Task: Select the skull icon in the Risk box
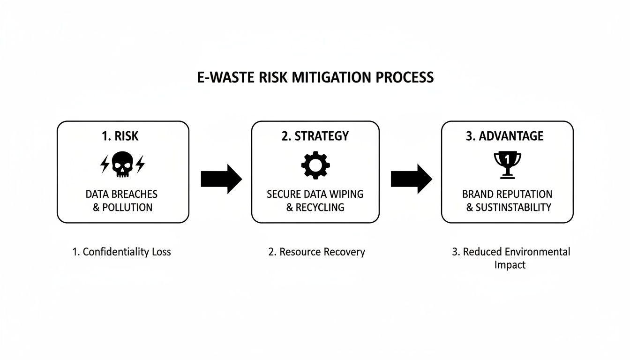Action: [x=122, y=165]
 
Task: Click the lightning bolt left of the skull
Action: [x=105, y=164]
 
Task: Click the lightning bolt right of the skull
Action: [x=140, y=164]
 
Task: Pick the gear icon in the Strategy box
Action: [x=315, y=165]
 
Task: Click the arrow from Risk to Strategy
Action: [x=221, y=179]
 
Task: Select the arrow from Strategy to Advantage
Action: [x=411, y=179]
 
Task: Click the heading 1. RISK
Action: [x=120, y=136]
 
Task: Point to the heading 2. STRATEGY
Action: [x=315, y=136]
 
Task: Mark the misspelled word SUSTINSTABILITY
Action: [x=513, y=207]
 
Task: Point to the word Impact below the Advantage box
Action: [x=510, y=265]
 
